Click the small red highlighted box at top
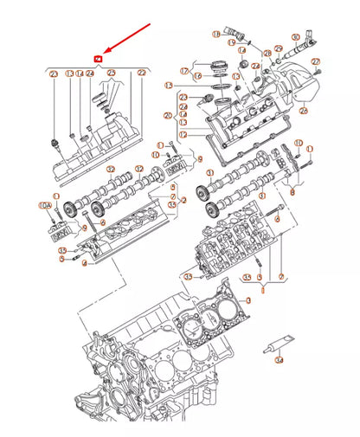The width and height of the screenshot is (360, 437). (x=98, y=58)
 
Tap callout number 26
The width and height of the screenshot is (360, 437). (x=303, y=111)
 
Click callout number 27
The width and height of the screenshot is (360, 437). (x=315, y=61)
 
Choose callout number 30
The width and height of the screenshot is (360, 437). (x=295, y=37)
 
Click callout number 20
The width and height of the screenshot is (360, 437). (x=168, y=115)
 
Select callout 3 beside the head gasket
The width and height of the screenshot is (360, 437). (x=248, y=300)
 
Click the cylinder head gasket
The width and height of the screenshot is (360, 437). (x=208, y=325)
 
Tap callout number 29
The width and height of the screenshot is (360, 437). (x=278, y=48)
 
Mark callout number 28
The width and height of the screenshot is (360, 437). (x=267, y=53)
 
